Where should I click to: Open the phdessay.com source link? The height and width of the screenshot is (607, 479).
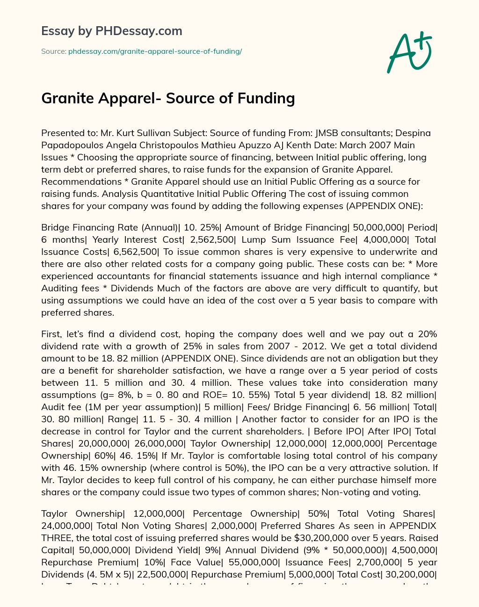(155, 51)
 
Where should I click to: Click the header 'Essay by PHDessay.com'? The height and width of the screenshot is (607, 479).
(112, 31)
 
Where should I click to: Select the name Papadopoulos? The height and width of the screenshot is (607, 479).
(73, 145)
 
